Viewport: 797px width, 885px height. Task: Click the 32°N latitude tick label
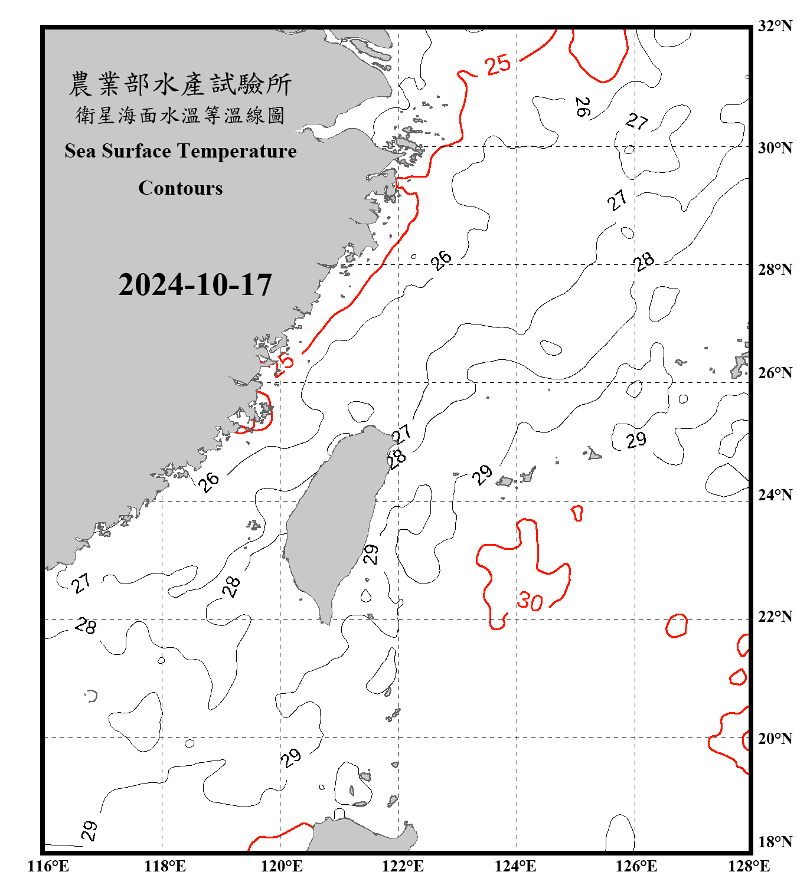775,26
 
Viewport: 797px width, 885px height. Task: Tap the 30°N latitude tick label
775,148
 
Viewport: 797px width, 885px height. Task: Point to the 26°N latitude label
775,373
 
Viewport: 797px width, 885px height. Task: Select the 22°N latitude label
775,617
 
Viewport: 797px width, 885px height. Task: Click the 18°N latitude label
775,842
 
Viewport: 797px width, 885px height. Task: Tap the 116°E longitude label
48,866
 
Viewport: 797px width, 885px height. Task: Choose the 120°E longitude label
282,866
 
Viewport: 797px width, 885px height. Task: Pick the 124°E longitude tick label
515,866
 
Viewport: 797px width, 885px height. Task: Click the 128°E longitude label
749,866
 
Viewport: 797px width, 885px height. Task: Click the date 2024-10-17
195,285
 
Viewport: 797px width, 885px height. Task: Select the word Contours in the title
181,188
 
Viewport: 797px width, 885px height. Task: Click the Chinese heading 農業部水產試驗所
181,84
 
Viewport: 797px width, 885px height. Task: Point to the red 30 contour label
530,601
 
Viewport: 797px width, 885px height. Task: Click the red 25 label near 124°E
498,64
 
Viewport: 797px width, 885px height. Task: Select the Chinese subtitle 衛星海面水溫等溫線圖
181,116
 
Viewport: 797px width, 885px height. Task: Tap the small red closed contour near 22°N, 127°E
677,625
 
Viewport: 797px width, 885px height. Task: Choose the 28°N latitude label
775,270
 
